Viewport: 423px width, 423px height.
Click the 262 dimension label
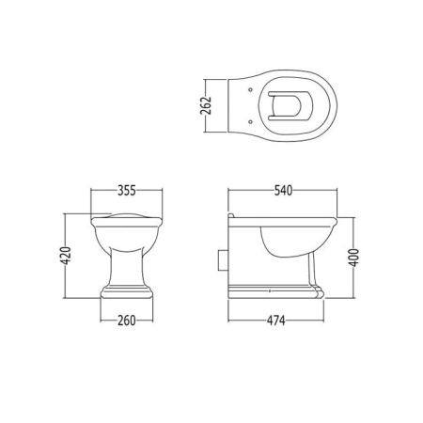pyautogui.click(x=206, y=105)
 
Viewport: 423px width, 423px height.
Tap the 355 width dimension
pyautogui.click(x=127, y=190)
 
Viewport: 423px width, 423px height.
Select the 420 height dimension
pyautogui.click(x=66, y=256)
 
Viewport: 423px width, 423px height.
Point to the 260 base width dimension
pyautogui.click(x=127, y=321)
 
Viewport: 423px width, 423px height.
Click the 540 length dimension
pyautogui.click(x=283, y=190)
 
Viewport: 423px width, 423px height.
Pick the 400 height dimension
pyautogui.click(x=353, y=258)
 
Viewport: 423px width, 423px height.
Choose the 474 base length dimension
pyautogui.click(x=276, y=321)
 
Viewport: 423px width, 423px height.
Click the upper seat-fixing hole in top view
pyautogui.click(x=250, y=90)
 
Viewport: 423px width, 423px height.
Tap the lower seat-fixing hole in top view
pyautogui.click(x=250, y=121)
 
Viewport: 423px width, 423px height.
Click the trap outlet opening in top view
pyautogui.click(x=287, y=105)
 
